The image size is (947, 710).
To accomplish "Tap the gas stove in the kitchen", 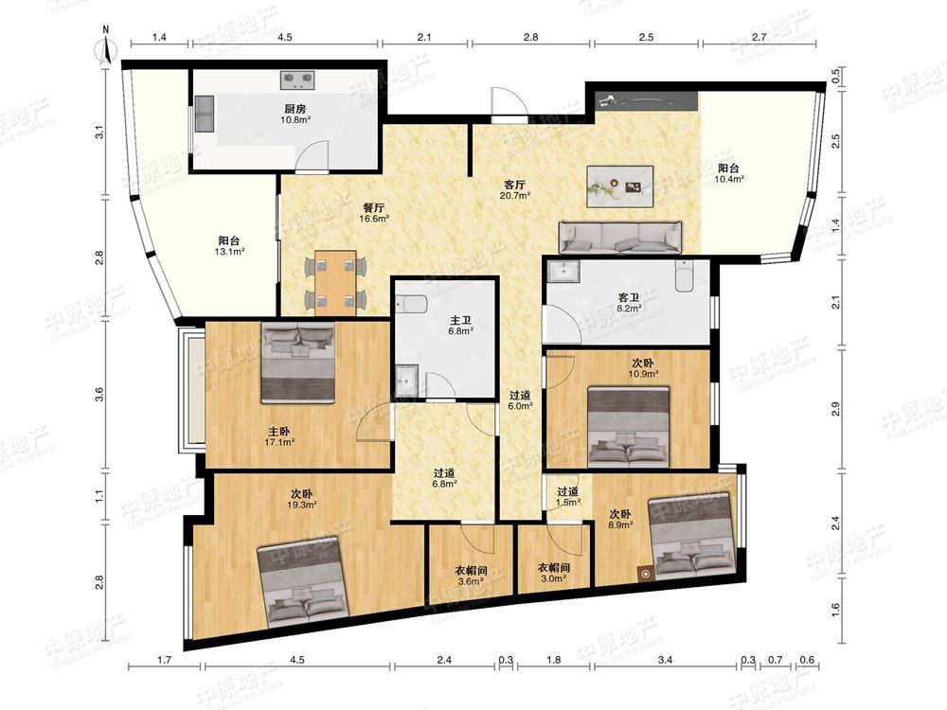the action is [x=297, y=79].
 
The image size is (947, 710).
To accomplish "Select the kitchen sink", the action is [x=204, y=115].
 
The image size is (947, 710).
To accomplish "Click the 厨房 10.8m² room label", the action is [x=295, y=115].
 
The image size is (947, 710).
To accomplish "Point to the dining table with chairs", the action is [x=335, y=282].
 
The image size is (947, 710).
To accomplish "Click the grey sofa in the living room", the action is [x=619, y=238].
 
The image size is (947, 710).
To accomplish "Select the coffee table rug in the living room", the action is [x=620, y=186].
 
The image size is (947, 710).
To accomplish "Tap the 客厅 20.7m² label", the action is [x=514, y=190].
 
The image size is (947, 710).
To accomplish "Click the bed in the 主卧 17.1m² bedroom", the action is [x=298, y=363].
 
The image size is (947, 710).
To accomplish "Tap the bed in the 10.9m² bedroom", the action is [x=629, y=428].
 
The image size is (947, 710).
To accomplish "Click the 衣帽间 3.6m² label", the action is [x=471, y=576].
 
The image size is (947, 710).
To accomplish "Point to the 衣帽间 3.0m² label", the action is [x=554, y=573].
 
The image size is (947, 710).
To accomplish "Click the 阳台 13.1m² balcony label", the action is [x=229, y=246].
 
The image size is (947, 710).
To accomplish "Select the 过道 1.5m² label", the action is [x=567, y=496].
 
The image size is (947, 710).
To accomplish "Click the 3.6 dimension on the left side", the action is [x=100, y=394].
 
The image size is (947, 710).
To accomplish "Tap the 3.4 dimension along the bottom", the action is [x=665, y=660].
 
